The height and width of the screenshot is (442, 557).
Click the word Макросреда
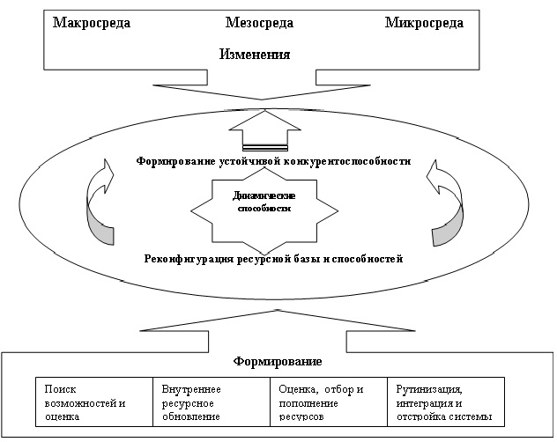92,23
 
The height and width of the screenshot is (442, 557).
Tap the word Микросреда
424,23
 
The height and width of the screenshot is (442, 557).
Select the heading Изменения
255,55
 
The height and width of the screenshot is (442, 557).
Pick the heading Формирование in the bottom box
278,362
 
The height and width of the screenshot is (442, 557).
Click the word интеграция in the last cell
428,402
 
